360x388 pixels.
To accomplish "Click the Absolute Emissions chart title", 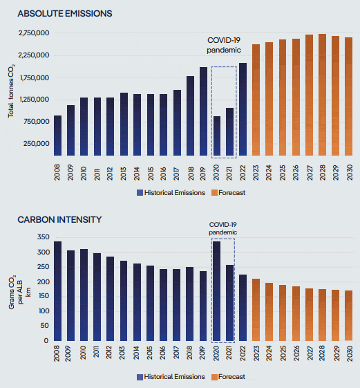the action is pos(65,14).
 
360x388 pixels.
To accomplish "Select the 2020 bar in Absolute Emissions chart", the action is pos(217,136).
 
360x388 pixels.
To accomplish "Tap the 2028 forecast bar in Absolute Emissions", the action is pos(322,95).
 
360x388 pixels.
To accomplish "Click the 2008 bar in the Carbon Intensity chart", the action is pos(57,291).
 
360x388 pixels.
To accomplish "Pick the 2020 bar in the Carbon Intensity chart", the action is pos(216,291).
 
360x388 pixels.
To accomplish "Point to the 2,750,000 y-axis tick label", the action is pos(34,33).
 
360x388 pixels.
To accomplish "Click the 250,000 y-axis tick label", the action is pos(37,144).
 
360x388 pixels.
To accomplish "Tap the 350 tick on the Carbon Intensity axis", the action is pos(44,237).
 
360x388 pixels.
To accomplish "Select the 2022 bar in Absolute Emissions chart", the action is pos(243,109).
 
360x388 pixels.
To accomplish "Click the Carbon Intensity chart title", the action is pos(59,220).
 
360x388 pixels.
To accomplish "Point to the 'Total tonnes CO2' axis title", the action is pos(11,91).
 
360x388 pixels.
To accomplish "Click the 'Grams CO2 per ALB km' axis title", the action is pos(20,292).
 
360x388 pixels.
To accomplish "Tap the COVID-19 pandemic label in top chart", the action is pos(224,45).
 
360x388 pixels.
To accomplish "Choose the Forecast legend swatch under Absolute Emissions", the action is pos(214,193).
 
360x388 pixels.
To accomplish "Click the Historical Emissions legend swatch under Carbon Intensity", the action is pos(140,377).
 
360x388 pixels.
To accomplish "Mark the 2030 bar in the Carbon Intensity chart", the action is pos(349,316).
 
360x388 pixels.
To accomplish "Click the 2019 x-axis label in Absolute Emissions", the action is pos(203,174).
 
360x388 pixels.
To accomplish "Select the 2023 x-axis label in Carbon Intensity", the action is pos(256,353).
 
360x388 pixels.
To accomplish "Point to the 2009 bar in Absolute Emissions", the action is pos(70,131).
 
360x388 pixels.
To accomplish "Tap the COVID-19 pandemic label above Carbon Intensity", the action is pos(223,228).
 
